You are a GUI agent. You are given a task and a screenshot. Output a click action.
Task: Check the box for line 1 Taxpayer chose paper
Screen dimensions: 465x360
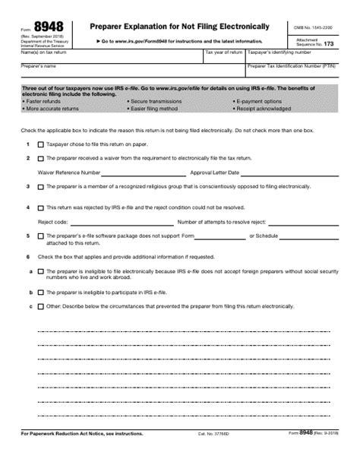(x=41, y=144)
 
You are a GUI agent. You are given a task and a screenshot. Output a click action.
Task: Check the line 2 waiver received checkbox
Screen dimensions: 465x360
(x=41, y=158)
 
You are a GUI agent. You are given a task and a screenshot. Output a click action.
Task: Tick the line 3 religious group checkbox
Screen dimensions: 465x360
(x=41, y=186)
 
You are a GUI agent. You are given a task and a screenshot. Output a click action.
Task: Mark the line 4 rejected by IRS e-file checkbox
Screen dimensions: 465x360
(x=41, y=207)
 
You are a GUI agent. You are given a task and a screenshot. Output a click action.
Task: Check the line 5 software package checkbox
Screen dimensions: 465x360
(x=41, y=236)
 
